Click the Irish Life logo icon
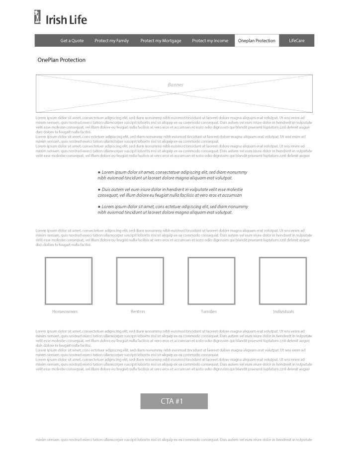(x=37, y=17)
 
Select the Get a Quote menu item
(x=72, y=41)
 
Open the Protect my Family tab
(x=112, y=41)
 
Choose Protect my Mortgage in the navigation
(x=161, y=41)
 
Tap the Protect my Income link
(x=210, y=41)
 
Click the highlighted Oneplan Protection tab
(x=257, y=41)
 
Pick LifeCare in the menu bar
(x=297, y=41)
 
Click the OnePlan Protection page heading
(x=62, y=60)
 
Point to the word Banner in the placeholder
(x=176, y=85)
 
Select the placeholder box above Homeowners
(x=69, y=281)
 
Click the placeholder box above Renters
(x=140, y=281)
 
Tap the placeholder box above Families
(x=211, y=281)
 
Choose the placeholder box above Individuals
(x=283, y=281)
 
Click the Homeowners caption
(x=65, y=311)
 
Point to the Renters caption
(x=138, y=311)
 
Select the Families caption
(x=209, y=311)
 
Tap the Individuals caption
(x=283, y=311)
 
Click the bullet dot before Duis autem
(x=99, y=190)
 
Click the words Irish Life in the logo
(x=66, y=20)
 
